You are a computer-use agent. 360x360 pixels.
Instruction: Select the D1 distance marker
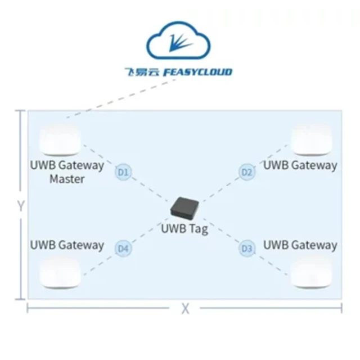click(x=123, y=172)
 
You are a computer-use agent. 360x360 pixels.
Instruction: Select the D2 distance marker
click(x=246, y=172)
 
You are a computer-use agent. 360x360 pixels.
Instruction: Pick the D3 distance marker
click(x=246, y=247)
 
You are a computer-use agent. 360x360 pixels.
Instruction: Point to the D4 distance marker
click(x=123, y=247)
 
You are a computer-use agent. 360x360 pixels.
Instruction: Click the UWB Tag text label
click(x=184, y=229)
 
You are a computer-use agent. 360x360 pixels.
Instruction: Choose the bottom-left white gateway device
click(x=60, y=273)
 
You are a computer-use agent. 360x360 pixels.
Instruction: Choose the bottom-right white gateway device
click(x=311, y=273)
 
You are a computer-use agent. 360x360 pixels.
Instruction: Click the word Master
click(x=67, y=179)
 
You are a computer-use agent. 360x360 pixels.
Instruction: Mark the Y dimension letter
click(x=20, y=206)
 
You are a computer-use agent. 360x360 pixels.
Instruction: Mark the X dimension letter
click(x=184, y=308)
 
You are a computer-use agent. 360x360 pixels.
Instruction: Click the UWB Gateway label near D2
click(x=300, y=165)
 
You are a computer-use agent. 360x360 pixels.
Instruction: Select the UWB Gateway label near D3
click(x=300, y=245)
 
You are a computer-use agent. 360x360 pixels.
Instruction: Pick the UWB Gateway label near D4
click(x=67, y=245)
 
